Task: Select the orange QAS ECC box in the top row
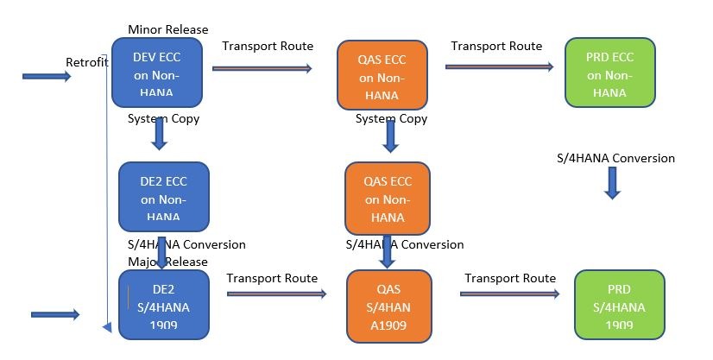[382, 75]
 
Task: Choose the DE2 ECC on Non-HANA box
[165, 197]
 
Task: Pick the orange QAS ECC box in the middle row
[387, 199]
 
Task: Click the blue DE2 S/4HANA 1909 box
[164, 303]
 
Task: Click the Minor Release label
[167, 30]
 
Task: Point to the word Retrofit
[86, 61]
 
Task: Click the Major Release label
[167, 262]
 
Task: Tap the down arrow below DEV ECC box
[160, 135]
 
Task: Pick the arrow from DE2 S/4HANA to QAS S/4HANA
[276, 294]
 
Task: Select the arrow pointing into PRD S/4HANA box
[510, 294]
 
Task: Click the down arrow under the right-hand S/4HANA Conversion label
[612, 182]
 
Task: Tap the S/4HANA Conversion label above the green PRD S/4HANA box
[616, 158]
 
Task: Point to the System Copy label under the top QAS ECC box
[391, 118]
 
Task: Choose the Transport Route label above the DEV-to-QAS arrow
[268, 46]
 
